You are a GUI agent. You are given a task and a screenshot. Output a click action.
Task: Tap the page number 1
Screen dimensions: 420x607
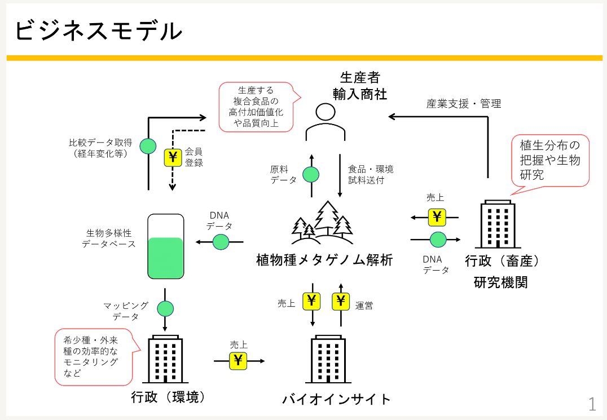[x=592, y=404]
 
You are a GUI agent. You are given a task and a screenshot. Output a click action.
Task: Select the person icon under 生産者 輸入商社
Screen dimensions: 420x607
[x=325, y=121]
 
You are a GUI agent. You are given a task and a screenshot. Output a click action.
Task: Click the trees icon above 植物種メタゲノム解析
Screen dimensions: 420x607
[x=322, y=226]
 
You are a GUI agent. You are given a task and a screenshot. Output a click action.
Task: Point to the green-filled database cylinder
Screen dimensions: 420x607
[x=166, y=247]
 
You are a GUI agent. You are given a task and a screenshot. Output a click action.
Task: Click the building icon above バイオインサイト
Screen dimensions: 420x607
[x=328, y=360]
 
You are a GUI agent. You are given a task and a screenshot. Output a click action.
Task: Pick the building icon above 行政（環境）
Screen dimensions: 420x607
[x=165, y=360]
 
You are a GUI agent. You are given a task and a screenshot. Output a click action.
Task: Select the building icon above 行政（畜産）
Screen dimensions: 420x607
[x=497, y=225]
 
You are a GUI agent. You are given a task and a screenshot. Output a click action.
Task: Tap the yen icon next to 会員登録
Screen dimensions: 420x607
[x=172, y=158]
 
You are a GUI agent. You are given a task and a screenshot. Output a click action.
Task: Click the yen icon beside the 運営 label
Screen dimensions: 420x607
[x=340, y=302]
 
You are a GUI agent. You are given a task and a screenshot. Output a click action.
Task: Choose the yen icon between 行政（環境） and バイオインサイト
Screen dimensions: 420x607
[x=238, y=360]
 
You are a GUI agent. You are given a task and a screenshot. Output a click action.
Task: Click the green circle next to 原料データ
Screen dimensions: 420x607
[x=311, y=174]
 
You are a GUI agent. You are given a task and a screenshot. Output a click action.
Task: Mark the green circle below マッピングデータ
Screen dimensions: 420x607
[x=165, y=309]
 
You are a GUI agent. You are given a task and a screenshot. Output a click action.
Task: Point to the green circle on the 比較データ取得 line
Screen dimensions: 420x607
[x=148, y=146]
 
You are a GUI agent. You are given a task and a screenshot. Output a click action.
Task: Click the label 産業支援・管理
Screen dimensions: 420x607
[x=463, y=104]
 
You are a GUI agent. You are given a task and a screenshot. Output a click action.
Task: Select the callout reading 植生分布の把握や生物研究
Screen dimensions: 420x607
[x=549, y=160]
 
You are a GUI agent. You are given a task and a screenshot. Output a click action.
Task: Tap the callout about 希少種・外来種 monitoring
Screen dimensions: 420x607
[x=94, y=357]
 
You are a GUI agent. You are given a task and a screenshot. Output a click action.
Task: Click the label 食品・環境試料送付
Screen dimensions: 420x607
[x=370, y=175]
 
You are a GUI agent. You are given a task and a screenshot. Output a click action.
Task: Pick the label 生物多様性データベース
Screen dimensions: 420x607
[x=109, y=238]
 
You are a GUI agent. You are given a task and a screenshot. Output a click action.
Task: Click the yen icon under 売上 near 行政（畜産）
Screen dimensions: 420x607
[x=437, y=216]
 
